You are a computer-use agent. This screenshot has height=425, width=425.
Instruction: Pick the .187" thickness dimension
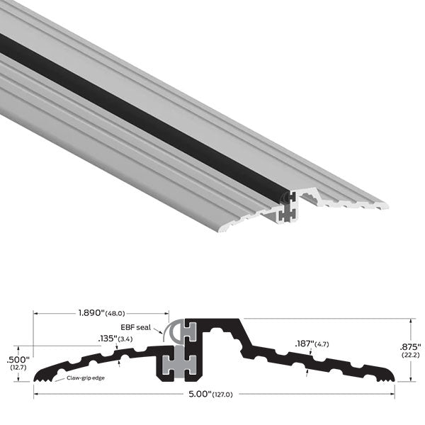(x=304, y=344)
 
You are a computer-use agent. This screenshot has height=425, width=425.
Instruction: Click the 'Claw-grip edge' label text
(x=86, y=379)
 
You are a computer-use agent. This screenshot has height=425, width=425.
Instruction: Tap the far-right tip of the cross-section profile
(x=395, y=377)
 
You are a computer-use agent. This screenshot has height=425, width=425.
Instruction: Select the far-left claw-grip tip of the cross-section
(x=35, y=378)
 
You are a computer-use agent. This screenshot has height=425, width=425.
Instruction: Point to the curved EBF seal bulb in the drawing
(x=171, y=330)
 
